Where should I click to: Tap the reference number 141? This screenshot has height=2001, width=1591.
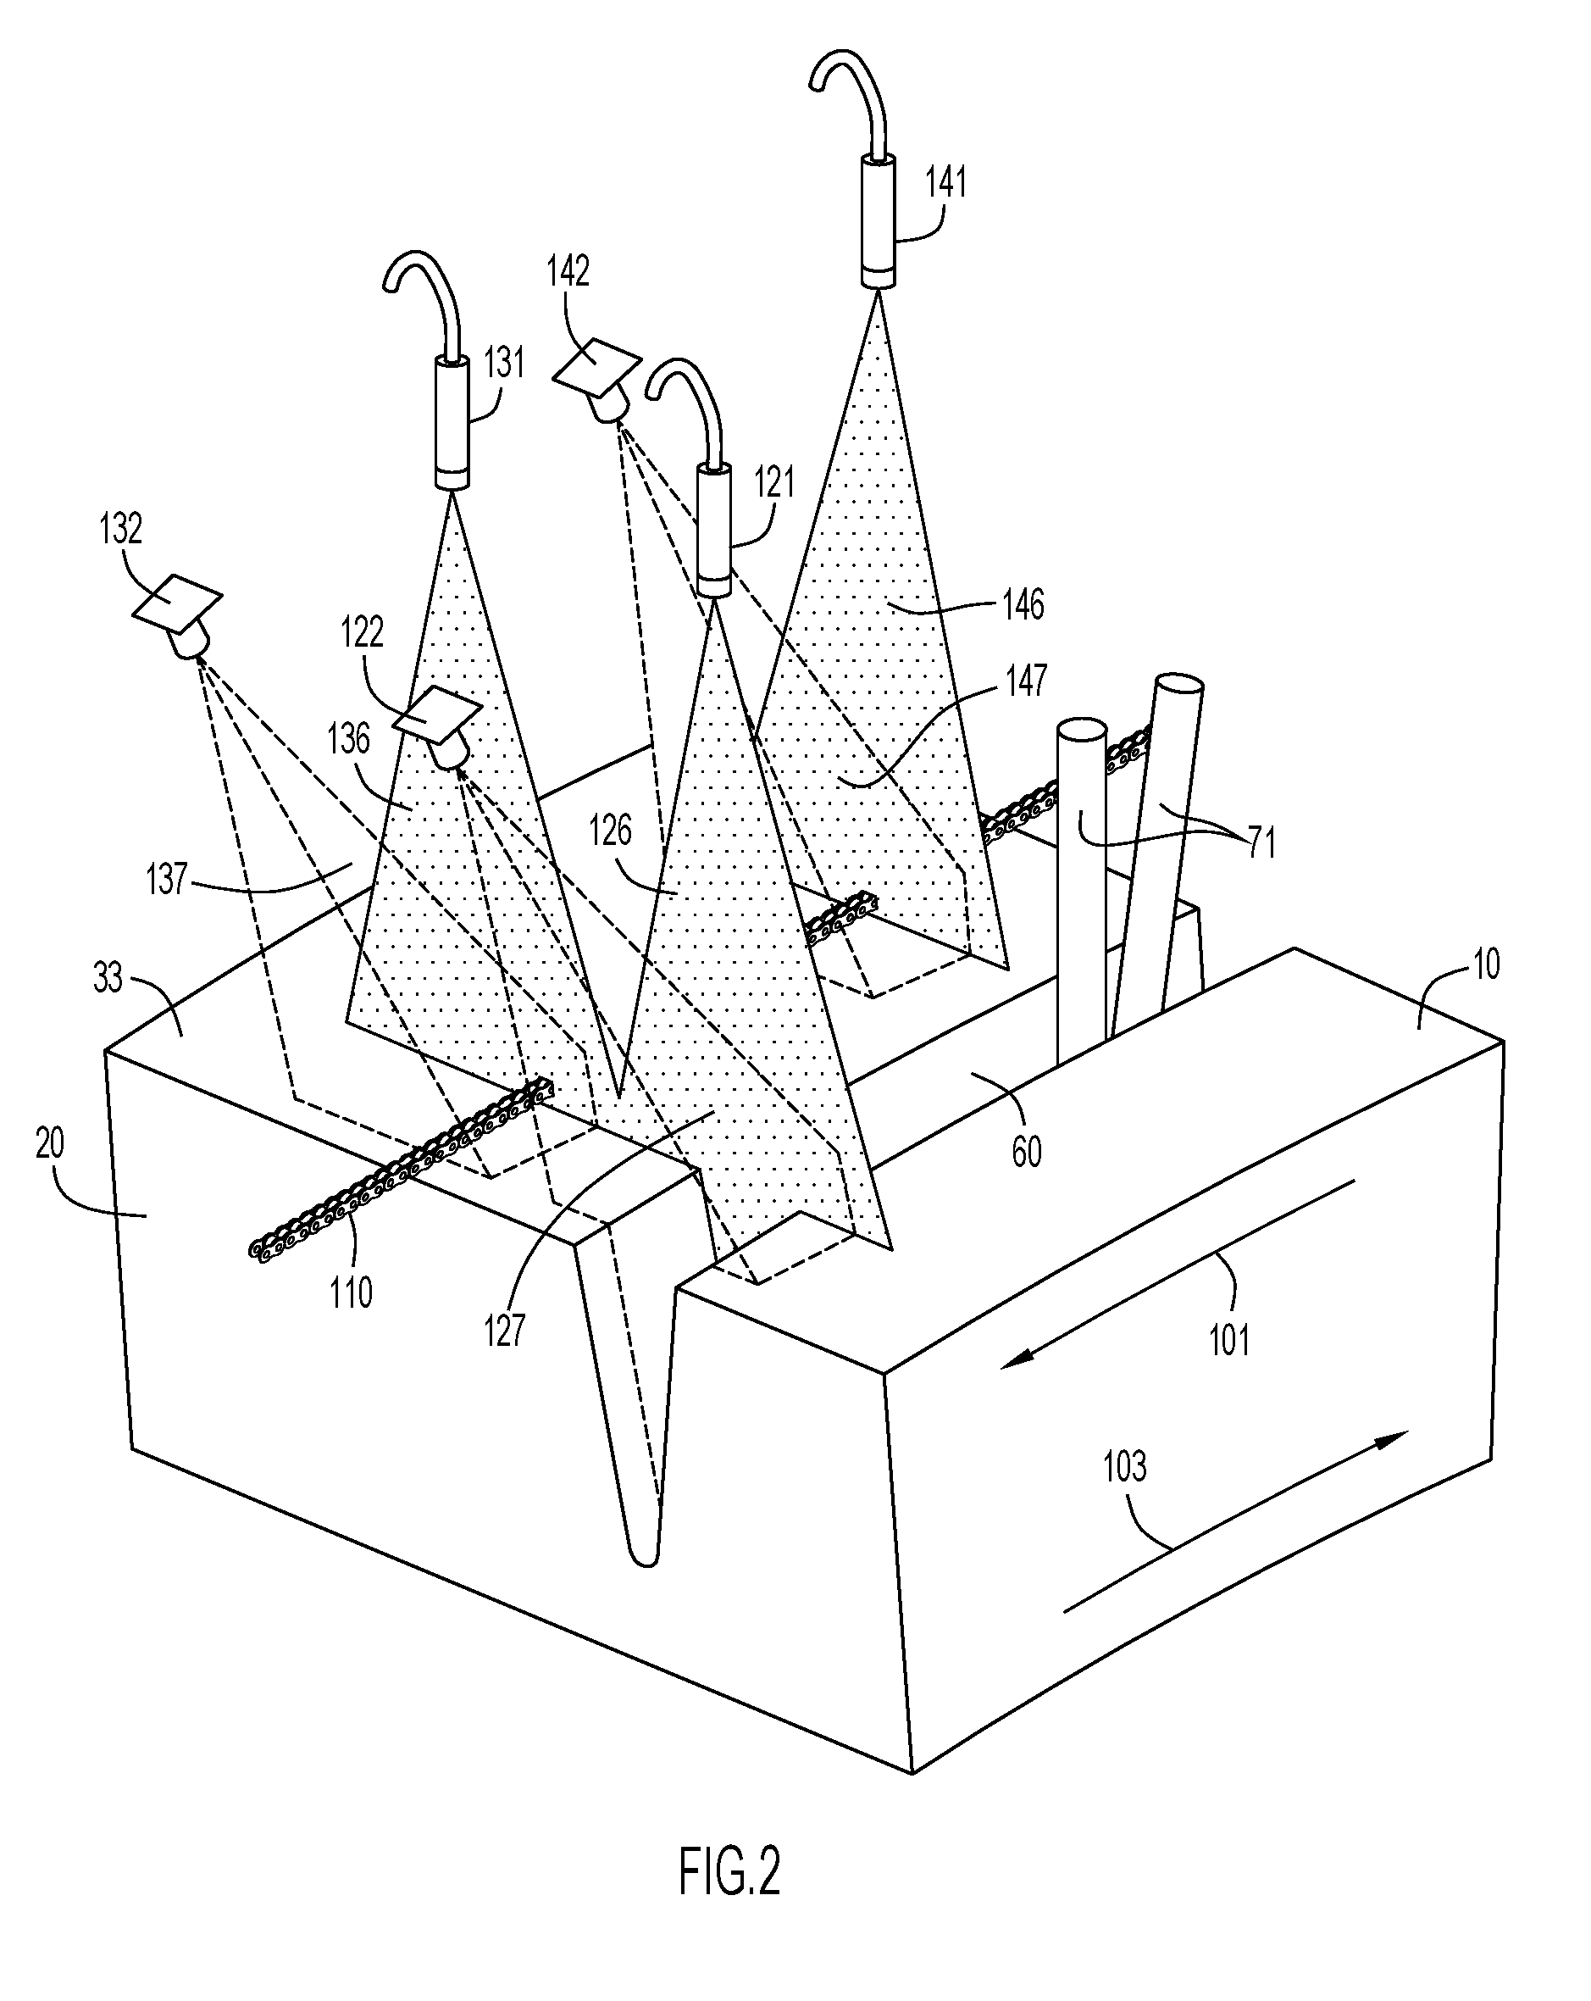[x=946, y=182]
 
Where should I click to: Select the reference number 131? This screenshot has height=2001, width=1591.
[x=505, y=362]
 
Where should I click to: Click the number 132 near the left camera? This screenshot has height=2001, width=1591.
[x=120, y=528]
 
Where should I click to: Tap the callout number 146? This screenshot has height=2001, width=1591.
[x=1023, y=604]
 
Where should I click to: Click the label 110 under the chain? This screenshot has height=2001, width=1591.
[x=351, y=1291]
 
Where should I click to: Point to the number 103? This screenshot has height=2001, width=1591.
[x=1124, y=1466]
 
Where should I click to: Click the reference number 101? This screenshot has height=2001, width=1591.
[x=1229, y=1340]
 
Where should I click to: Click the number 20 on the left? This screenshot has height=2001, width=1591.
[x=50, y=1144]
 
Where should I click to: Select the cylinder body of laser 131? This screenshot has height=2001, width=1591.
[x=452, y=423]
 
